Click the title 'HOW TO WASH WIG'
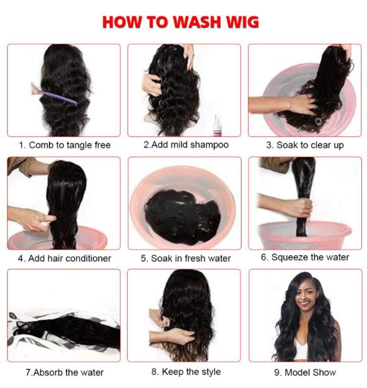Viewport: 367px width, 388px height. (x=181, y=22)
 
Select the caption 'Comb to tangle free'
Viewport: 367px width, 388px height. (x=65, y=145)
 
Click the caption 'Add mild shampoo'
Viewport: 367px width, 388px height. (x=186, y=145)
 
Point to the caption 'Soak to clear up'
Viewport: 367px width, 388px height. (x=305, y=145)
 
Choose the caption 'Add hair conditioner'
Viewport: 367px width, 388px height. (x=65, y=258)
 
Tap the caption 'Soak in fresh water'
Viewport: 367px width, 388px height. (x=186, y=258)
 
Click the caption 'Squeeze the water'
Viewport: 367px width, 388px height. (x=305, y=257)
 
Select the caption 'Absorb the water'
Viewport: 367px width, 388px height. (x=65, y=372)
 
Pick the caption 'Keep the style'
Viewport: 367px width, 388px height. (x=186, y=372)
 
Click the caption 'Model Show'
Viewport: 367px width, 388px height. (x=305, y=372)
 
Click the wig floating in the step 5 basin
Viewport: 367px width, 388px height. (x=182, y=212)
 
